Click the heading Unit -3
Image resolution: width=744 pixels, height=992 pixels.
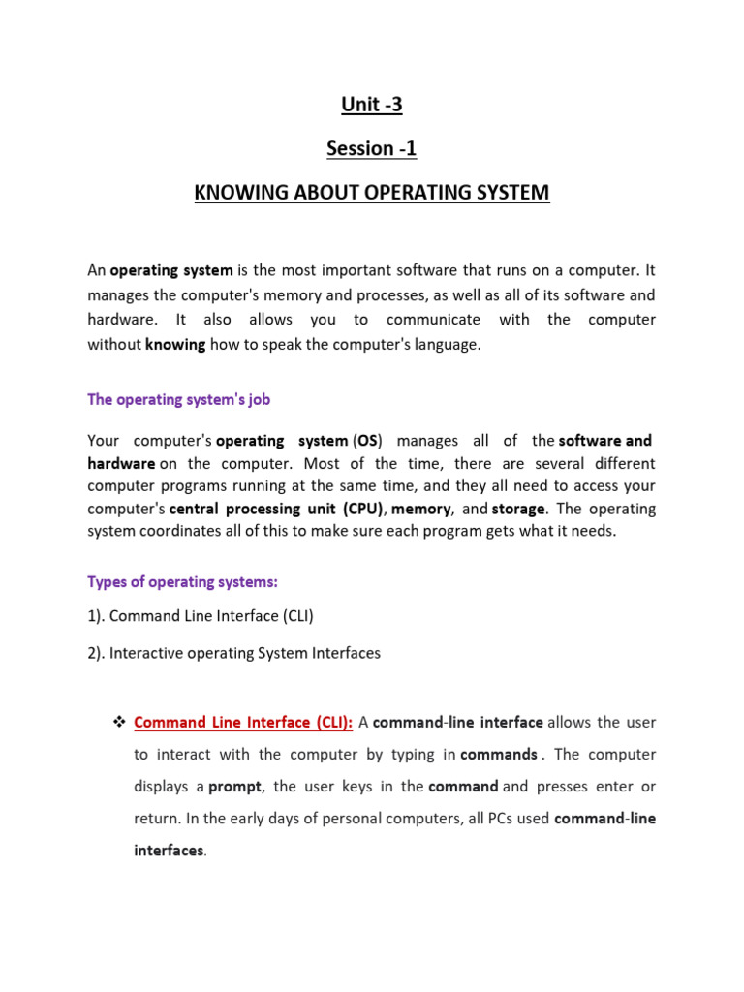coord(371,106)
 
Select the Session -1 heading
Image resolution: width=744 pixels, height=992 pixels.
coord(371,149)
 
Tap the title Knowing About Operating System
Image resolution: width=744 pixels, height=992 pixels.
coord(371,193)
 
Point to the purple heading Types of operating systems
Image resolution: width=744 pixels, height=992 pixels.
coord(182,581)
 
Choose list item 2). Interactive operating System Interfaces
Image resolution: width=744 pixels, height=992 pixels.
coord(233,653)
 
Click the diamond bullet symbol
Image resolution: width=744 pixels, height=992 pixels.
coord(120,722)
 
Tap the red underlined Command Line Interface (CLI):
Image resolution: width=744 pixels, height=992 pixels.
coord(244,722)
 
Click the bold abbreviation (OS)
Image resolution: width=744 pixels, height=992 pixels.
coord(370,439)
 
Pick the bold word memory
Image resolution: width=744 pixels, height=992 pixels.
coord(422,509)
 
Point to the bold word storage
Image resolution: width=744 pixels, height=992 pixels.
coord(518,509)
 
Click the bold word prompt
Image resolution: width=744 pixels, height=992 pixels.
coord(235,786)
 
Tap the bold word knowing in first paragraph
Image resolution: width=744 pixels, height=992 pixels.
coord(175,345)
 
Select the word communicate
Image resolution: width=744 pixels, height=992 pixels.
coord(433,320)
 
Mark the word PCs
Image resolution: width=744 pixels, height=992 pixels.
coord(490,818)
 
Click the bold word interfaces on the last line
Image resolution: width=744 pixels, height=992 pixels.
coord(169,850)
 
